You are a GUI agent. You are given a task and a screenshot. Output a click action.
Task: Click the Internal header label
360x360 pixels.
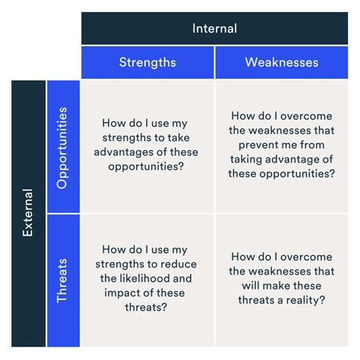pos(215,29)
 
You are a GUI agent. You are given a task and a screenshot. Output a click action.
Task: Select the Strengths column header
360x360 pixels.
pos(147,62)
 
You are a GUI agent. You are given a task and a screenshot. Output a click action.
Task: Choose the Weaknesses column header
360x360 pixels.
pos(282,62)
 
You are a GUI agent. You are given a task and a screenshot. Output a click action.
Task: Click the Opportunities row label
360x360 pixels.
pos(63,147)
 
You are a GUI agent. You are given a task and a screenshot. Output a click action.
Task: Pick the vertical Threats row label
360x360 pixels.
pos(63,280)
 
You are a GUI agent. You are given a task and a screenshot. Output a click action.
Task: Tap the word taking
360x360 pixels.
pos(249,159)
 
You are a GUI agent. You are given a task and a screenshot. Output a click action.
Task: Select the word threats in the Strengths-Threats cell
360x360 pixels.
pos(147,308)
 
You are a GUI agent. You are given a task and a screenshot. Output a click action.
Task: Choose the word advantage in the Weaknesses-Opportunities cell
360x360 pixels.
pos(292,159)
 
